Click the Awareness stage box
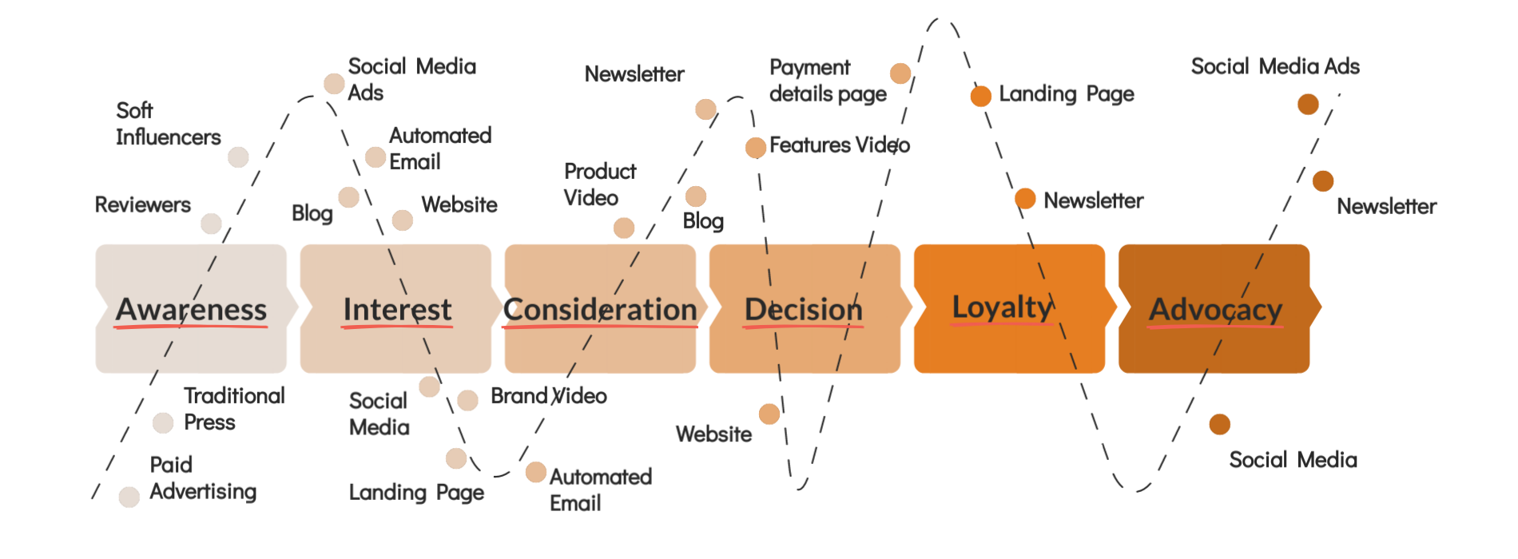(191, 308)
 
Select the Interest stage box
(396, 308)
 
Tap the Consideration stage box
(600, 308)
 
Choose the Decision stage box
(804, 308)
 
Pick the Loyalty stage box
(1008, 308)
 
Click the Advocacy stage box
(1214, 308)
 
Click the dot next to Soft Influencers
(238, 157)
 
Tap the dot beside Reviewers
(211, 224)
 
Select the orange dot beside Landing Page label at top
(981, 96)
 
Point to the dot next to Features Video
(755, 148)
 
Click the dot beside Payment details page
(900, 73)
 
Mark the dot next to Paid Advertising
(129, 498)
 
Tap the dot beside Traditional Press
(163, 423)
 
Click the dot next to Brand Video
(468, 400)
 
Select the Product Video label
(599, 184)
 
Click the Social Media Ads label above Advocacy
(1275, 66)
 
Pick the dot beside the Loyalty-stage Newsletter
(1025, 199)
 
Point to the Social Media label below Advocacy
(1293, 460)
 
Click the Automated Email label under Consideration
(600, 490)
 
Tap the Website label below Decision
(713, 434)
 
